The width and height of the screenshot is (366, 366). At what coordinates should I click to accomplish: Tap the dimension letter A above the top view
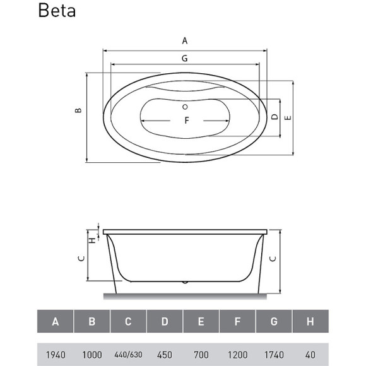click(x=185, y=40)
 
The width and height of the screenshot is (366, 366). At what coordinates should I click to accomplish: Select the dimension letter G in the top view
click(x=185, y=58)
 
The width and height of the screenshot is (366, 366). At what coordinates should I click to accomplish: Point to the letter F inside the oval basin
click(x=187, y=121)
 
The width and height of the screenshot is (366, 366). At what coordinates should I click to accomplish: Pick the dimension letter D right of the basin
click(x=274, y=117)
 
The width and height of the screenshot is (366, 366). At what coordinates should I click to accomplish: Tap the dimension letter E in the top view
click(x=288, y=117)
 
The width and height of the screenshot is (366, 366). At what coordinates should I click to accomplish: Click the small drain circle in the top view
click(x=185, y=106)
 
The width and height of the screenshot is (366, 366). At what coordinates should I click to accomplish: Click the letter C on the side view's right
click(x=272, y=259)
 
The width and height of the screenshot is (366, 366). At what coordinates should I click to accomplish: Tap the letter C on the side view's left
click(x=81, y=258)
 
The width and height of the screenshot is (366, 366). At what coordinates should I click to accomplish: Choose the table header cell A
click(x=56, y=322)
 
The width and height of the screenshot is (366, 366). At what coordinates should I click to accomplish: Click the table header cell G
click(x=274, y=322)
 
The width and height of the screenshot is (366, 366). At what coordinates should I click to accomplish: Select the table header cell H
click(x=310, y=322)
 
